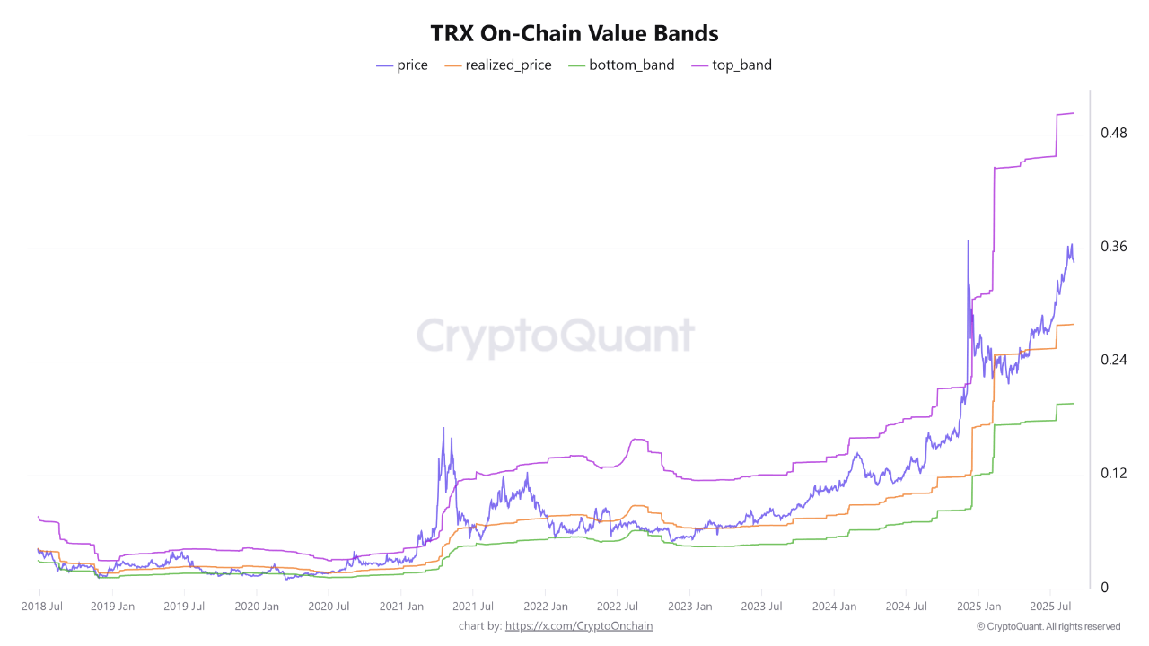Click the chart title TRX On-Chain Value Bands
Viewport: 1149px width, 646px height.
pyautogui.click(x=574, y=33)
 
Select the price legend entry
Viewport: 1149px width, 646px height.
pyautogui.click(x=402, y=65)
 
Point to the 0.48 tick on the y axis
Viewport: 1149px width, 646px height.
pyautogui.click(x=1114, y=134)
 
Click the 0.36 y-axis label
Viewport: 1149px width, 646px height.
pyautogui.click(x=1114, y=247)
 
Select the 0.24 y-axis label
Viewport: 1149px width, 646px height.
pyautogui.click(x=1114, y=361)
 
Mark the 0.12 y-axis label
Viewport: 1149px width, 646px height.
pyautogui.click(x=1114, y=474)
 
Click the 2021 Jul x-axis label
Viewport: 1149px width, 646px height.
pyautogui.click(x=473, y=607)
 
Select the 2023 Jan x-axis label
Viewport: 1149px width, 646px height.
pyautogui.click(x=690, y=607)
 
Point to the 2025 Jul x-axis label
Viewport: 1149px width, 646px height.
pyautogui.click(x=1053, y=607)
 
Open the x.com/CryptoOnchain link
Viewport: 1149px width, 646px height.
pyautogui.click(x=579, y=626)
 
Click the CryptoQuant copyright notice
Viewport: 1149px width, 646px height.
pyautogui.click(x=1048, y=626)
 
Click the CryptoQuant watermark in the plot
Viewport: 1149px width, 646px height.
pyautogui.click(x=556, y=336)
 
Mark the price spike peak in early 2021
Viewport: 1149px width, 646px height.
pyautogui.click(x=443, y=428)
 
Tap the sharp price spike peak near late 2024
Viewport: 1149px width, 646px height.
pyautogui.click(x=968, y=241)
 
